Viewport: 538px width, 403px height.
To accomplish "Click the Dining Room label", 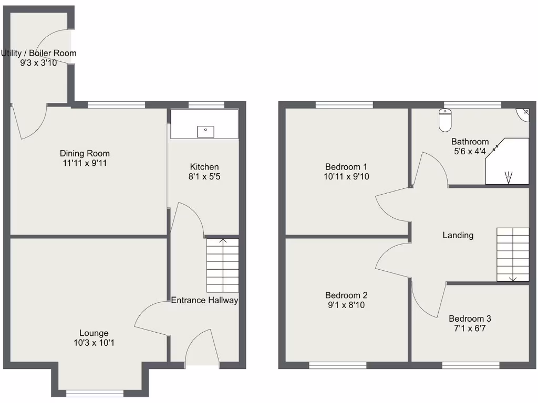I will pos(85,154).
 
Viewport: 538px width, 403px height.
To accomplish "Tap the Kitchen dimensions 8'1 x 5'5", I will pos(204,177).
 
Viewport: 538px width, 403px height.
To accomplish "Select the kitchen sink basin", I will pos(205,131).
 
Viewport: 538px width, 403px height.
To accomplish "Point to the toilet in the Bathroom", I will pos(444,121).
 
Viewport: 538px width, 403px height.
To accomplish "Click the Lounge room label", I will pos(94,333).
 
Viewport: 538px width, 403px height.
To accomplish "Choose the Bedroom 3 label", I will pos(470,319).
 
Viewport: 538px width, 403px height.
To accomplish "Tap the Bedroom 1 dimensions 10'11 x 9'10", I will pos(346,177).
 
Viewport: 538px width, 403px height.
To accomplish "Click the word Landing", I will pos(458,235).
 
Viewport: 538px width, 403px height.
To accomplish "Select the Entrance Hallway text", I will pos(204,300).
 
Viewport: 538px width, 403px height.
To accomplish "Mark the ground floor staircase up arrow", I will pos(223,242).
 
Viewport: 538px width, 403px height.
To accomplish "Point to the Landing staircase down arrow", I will pos(513,278).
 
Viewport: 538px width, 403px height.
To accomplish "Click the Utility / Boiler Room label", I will pos(38,53).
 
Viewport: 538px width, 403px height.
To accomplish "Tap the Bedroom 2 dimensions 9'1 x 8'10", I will pos(345,304).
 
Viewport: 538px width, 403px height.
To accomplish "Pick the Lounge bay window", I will pos(95,392).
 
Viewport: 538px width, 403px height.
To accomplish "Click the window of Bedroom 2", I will pos(337,365).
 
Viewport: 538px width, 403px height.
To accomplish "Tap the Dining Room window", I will pos(116,105).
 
